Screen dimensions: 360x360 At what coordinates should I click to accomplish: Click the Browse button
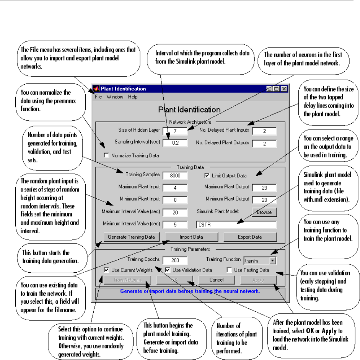[264, 212]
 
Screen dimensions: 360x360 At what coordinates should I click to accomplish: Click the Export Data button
[250, 237]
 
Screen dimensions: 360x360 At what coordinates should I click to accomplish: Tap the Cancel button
[217, 280]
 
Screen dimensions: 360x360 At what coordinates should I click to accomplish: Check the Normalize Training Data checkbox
[106, 156]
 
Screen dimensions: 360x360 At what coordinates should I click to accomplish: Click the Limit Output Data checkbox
[207, 176]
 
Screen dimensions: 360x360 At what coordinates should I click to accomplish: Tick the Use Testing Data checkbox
[230, 270]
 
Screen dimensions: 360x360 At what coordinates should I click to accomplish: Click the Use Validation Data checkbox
[168, 270]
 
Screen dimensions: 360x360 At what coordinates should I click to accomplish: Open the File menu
[98, 97]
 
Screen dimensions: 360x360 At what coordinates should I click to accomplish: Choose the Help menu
[133, 97]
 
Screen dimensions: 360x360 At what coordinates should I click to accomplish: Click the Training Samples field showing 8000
[175, 176]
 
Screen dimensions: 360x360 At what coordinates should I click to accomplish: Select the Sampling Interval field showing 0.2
[175, 143]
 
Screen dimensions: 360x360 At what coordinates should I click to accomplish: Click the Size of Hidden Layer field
[175, 131]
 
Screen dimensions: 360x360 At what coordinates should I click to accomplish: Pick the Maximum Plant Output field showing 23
[264, 187]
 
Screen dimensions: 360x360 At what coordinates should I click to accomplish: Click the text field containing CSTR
[236, 224]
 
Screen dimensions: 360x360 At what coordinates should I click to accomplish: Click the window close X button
[283, 89]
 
